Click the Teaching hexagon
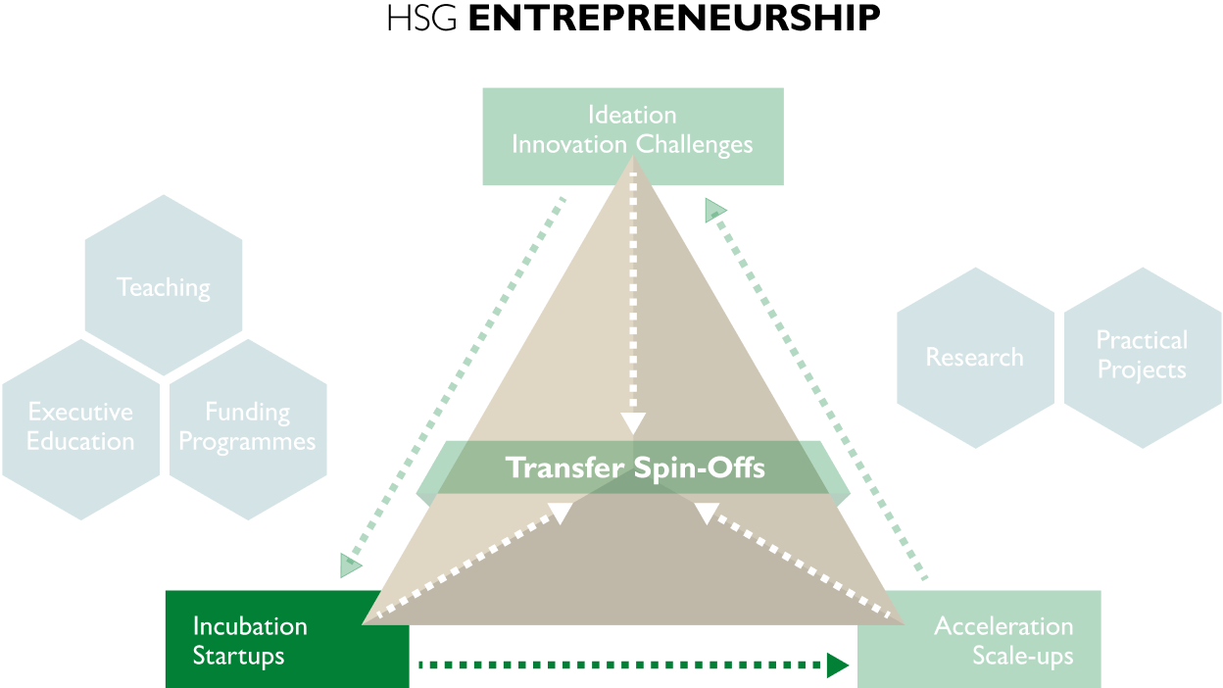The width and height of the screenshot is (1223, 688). click(x=163, y=285)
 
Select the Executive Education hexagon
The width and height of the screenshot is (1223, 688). click(x=80, y=428)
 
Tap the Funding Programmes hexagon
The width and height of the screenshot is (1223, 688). click(x=247, y=428)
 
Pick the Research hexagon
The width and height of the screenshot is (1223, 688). click(x=975, y=358)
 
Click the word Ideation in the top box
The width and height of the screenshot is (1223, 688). click(x=632, y=115)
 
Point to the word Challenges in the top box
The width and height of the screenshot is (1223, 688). click(x=694, y=145)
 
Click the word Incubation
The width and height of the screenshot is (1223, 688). click(x=250, y=626)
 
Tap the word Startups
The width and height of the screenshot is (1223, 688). click(x=238, y=656)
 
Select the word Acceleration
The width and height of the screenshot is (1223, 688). click(x=1003, y=626)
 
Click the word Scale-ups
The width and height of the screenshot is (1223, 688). click(x=1022, y=656)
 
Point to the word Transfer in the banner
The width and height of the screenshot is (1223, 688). click(x=563, y=467)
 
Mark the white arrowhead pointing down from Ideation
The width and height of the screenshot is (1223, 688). click(x=633, y=422)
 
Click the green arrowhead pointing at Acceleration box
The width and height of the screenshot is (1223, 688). click(x=838, y=665)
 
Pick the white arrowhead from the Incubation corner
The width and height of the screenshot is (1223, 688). click(x=561, y=513)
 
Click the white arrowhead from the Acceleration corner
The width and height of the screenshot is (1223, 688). click(x=707, y=513)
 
